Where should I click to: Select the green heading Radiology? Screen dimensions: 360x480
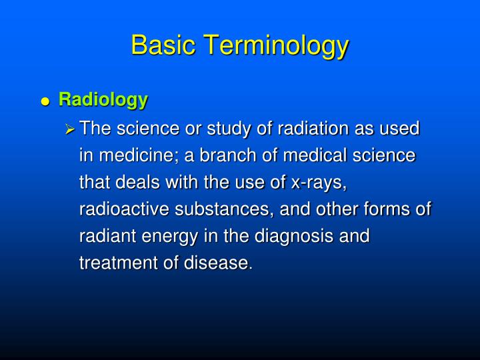click(103, 100)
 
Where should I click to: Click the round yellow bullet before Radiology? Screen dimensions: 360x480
click(45, 102)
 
